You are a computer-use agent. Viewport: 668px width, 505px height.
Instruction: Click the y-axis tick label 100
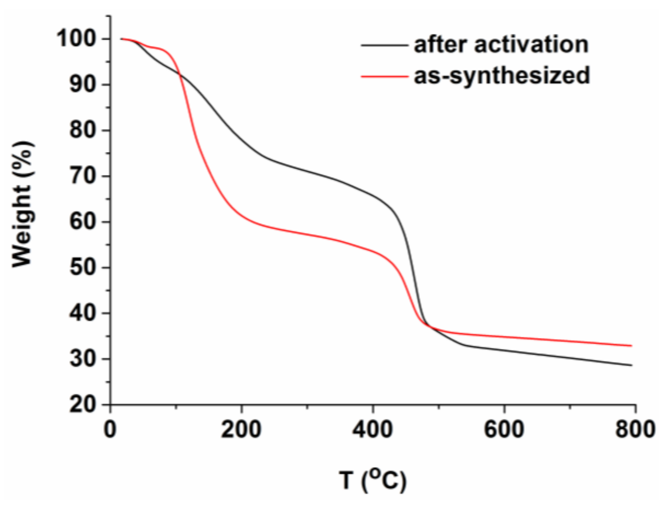77,38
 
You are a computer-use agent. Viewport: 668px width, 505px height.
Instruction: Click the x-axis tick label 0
110,429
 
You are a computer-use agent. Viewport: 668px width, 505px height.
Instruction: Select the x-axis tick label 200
241,429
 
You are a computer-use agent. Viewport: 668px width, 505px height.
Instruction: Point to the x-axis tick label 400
373,429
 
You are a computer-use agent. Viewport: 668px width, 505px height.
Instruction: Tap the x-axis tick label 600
504,429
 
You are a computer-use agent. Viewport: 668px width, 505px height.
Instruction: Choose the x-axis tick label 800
635,429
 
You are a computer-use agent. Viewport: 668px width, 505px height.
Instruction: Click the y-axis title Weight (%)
23,204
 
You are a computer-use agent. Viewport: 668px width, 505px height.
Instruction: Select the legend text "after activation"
501,45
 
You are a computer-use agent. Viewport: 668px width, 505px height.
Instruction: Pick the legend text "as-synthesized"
502,76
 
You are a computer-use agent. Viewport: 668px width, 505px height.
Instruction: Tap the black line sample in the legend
384,45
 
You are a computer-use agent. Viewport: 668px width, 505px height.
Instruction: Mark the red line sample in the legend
384,77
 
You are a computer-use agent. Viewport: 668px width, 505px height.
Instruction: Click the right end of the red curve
632,345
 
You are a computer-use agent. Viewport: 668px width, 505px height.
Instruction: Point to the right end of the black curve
632,365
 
